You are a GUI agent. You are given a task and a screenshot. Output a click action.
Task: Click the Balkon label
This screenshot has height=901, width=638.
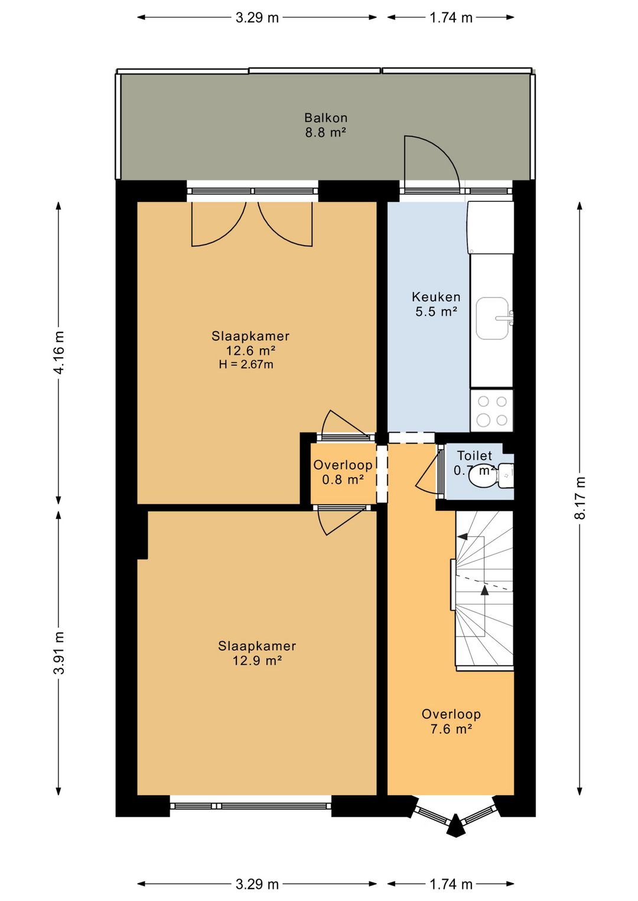(x=325, y=118)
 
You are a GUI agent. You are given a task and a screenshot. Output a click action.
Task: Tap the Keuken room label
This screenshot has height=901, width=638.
(x=436, y=297)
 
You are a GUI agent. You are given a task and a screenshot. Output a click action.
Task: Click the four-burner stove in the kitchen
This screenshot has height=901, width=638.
(x=492, y=411)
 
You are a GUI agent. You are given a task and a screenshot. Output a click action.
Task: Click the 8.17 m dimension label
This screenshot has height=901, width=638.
(x=580, y=498)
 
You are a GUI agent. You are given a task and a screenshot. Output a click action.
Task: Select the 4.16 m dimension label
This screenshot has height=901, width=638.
(x=58, y=352)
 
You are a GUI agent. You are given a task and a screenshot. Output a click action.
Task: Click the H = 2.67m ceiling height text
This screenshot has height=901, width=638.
(x=246, y=365)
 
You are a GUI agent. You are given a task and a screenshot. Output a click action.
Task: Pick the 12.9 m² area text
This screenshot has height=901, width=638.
(x=257, y=661)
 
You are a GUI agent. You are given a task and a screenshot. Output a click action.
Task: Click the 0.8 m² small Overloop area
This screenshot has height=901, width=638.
(x=343, y=479)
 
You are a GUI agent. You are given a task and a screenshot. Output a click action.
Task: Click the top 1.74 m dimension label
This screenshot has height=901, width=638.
(x=451, y=18)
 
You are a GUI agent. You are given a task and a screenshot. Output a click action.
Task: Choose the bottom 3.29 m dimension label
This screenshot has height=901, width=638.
(x=257, y=884)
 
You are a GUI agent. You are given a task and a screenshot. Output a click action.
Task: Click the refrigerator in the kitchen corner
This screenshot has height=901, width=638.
(x=491, y=227)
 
